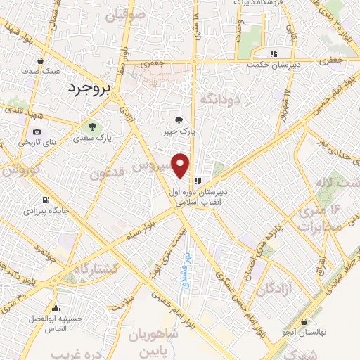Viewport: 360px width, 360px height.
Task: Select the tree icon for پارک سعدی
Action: tap(93, 126)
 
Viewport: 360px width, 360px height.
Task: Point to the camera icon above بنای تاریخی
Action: tap(37, 131)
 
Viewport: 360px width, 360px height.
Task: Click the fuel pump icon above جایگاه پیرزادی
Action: tap(46, 199)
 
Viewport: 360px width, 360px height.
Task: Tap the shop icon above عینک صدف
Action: tap(40, 60)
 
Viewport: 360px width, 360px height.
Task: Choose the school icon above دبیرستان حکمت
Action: tap(274, 53)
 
